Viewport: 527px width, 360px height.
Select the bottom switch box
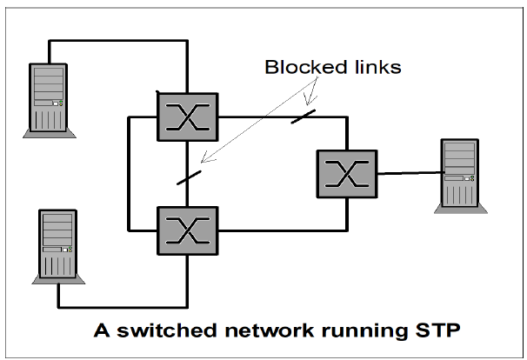pos(188,230)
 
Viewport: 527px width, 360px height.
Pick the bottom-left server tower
pos(57,246)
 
